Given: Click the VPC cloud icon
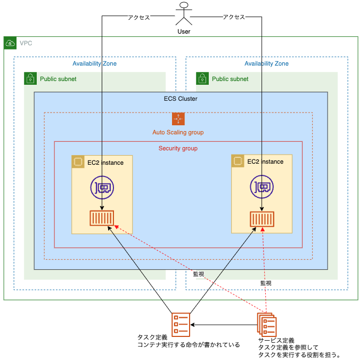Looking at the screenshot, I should [x=10, y=43].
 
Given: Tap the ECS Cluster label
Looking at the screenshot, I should [x=181, y=99].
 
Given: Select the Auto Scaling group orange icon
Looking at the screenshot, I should [x=178, y=119].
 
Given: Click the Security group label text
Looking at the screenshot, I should [x=178, y=148].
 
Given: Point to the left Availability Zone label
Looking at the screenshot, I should [x=94, y=63].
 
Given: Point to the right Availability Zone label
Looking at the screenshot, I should [x=266, y=63].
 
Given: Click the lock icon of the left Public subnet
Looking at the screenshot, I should [x=30, y=79].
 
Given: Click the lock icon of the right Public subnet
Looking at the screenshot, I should [x=202, y=79].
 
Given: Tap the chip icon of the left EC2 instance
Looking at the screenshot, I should [x=78, y=162].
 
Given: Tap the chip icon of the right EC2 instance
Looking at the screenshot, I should [x=238, y=161].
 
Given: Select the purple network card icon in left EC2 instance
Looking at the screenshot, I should [x=101, y=187].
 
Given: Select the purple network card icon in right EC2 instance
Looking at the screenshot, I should [x=261, y=187].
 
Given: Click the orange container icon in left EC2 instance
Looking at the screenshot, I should [x=102, y=219].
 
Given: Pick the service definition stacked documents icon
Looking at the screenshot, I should [x=266, y=324].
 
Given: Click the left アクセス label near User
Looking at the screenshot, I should [x=139, y=17].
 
